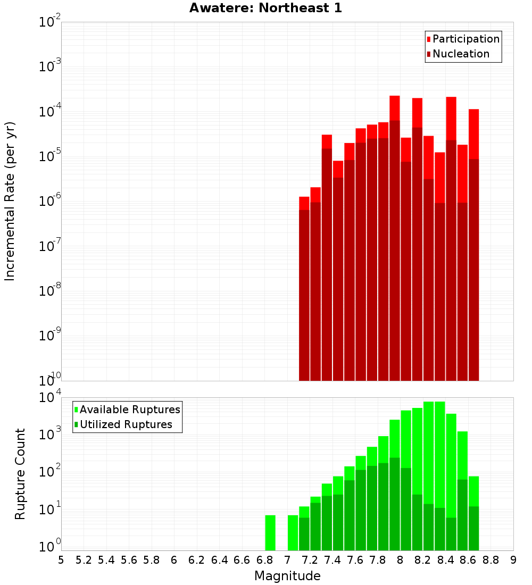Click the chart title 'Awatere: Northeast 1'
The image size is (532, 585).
265,8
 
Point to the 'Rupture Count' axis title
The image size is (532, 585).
20,474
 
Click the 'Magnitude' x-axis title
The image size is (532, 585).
287,575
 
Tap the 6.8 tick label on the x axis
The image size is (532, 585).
264,559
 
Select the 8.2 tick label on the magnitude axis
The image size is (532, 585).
423,559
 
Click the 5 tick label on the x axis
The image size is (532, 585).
61,559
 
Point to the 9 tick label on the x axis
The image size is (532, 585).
513,559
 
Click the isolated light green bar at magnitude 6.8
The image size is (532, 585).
270,532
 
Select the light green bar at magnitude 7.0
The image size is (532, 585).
293,532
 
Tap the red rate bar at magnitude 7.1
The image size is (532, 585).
304,292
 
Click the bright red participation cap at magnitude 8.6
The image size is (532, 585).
473,133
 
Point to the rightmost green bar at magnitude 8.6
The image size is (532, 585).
473,526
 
